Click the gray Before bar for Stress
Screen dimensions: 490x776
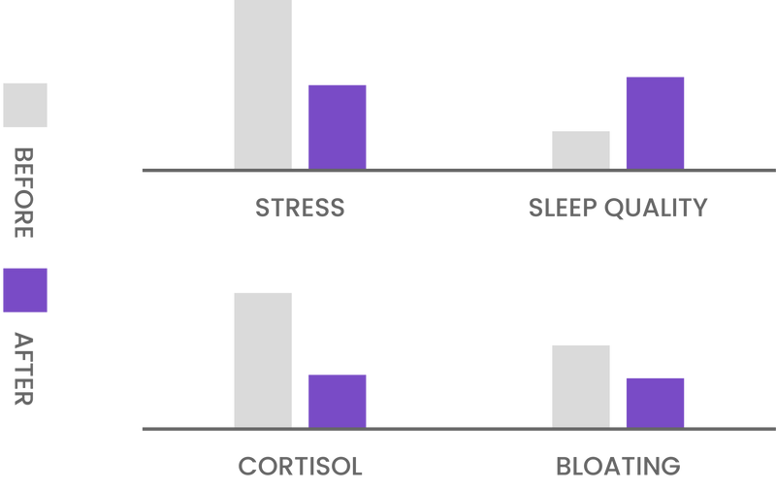click(x=263, y=83)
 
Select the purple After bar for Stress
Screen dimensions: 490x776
click(x=337, y=125)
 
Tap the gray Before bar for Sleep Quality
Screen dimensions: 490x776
click(x=580, y=147)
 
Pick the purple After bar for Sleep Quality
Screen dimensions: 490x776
click(x=655, y=121)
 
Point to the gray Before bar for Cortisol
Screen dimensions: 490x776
click(x=263, y=358)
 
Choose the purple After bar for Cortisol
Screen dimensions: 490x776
click(x=337, y=399)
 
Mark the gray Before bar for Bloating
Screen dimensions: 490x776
click(x=580, y=384)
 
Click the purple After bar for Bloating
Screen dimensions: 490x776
click(x=655, y=401)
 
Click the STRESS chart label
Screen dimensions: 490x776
click(x=299, y=208)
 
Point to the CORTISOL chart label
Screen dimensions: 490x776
click(x=300, y=466)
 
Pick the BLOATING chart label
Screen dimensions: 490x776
click(x=617, y=466)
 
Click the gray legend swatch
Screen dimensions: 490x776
click(x=24, y=105)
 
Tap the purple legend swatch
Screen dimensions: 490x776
click(x=24, y=291)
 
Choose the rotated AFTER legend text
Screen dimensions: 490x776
click(x=24, y=370)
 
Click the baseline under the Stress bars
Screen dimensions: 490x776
click(x=301, y=170)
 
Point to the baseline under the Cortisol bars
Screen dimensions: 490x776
click(x=301, y=429)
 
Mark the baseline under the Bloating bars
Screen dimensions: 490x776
click(x=617, y=429)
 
